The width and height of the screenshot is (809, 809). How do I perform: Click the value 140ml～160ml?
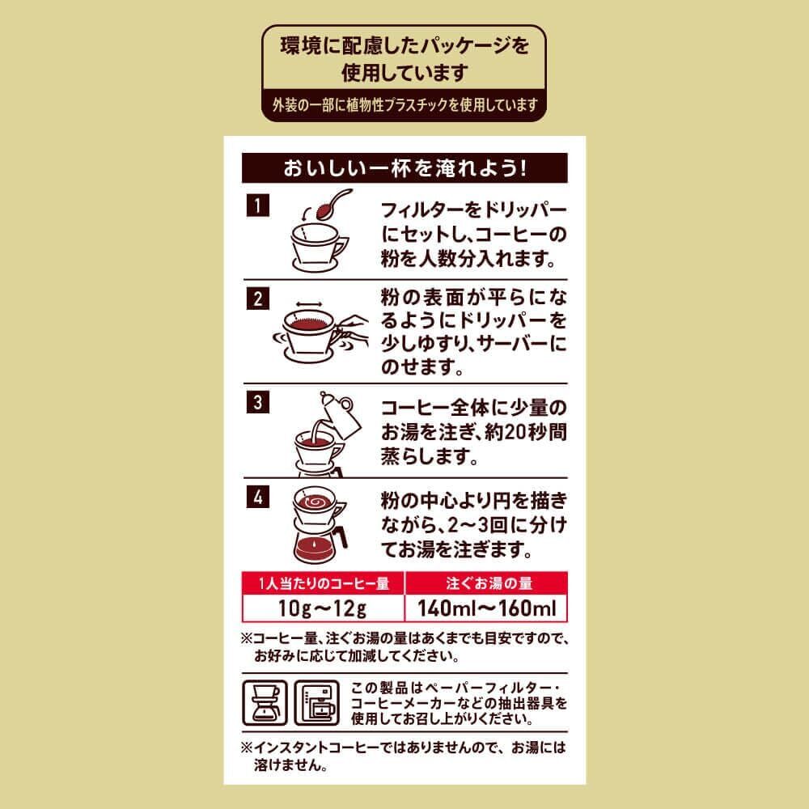[x=485, y=608]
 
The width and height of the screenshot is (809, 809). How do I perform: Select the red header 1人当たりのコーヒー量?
[x=323, y=582]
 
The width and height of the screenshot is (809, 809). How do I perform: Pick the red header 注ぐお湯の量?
[x=485, y=582]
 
